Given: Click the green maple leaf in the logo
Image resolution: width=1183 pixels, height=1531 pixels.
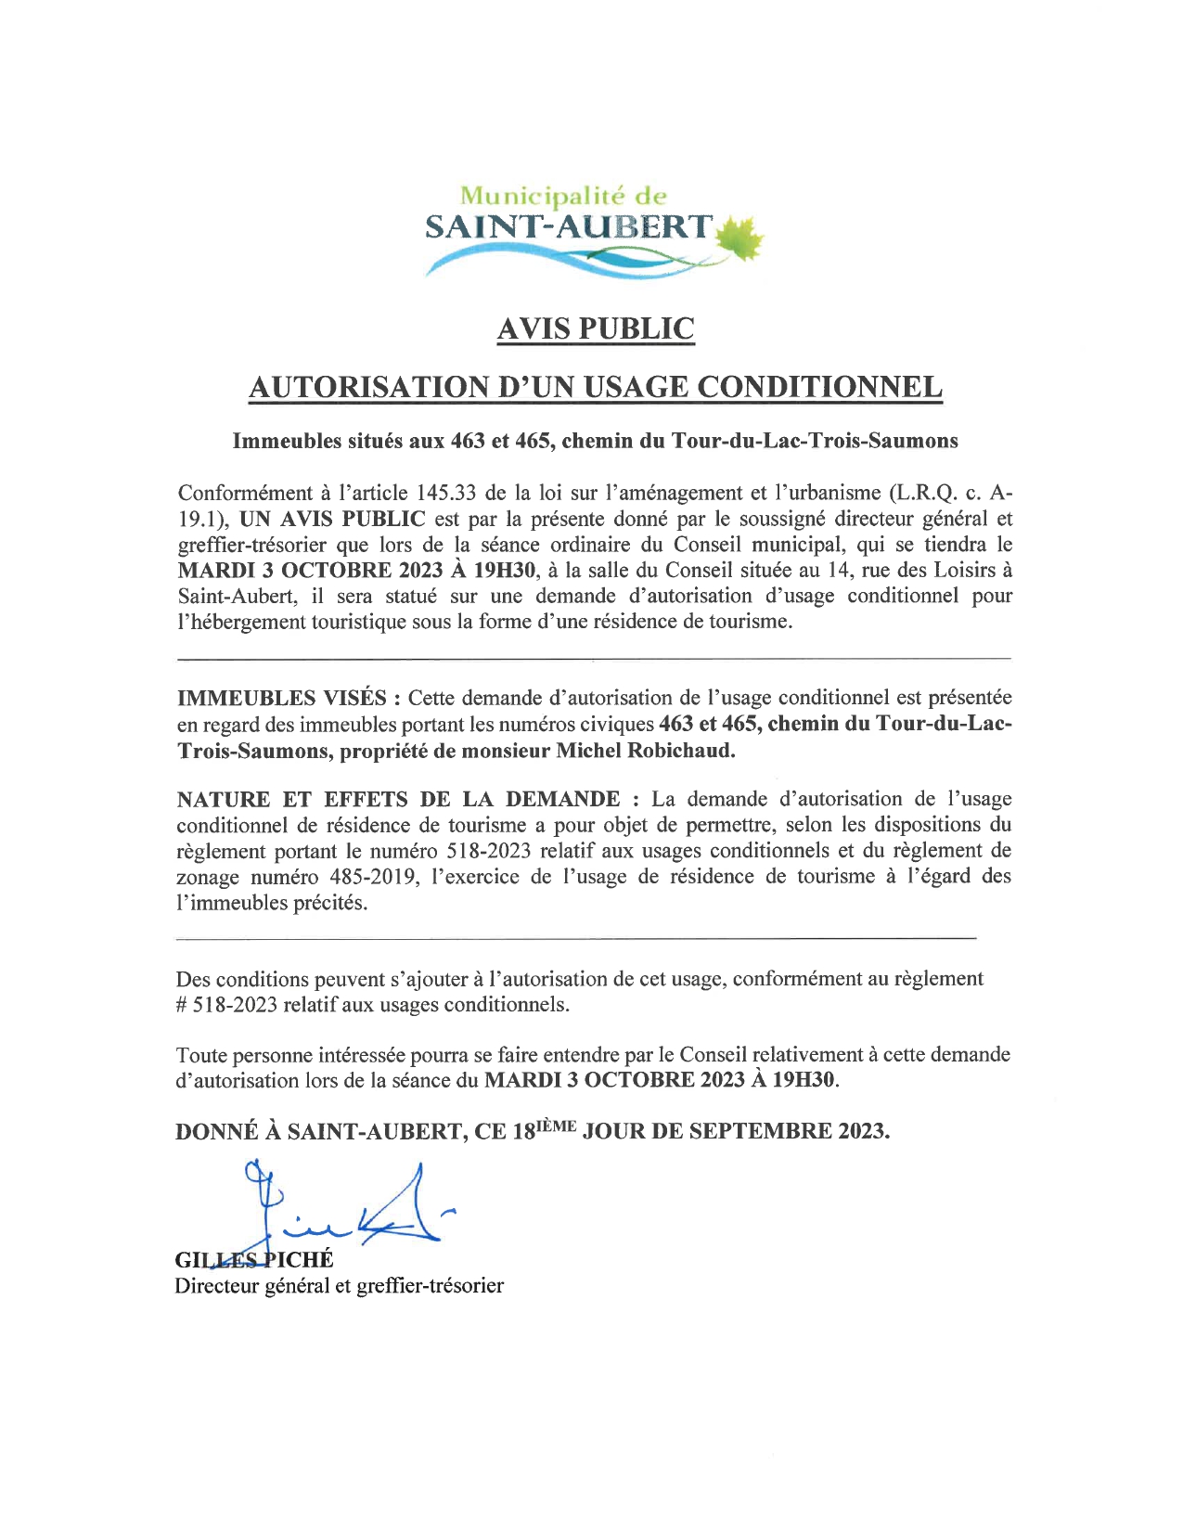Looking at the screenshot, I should click(x=741, y=238).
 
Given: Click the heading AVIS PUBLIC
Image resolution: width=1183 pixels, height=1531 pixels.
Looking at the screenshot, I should click(x=595, y=329).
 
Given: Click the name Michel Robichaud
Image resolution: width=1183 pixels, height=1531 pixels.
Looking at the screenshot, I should click(x=645, y=751).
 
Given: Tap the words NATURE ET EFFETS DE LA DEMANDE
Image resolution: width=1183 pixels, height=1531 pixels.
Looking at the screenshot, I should click(x=399, y=799).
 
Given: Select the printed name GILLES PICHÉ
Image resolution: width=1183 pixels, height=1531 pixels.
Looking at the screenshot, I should click(x=253, y=1259).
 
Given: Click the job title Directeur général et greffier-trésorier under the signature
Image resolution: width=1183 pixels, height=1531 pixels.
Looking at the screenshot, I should click(x=339, y=1286).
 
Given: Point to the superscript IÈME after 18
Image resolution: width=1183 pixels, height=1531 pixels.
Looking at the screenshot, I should click(x=557, y=1126).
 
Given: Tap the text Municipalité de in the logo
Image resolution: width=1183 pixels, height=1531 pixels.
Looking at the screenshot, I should click(x=564, y=196).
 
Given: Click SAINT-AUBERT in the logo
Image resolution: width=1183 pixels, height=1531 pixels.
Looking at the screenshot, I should click(x=569, y=227).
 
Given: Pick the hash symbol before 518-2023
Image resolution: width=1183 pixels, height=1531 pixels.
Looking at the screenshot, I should click(x=182, y=1005).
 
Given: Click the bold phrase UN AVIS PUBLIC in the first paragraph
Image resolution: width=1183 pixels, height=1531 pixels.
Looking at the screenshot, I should click(x=332, y=519).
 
